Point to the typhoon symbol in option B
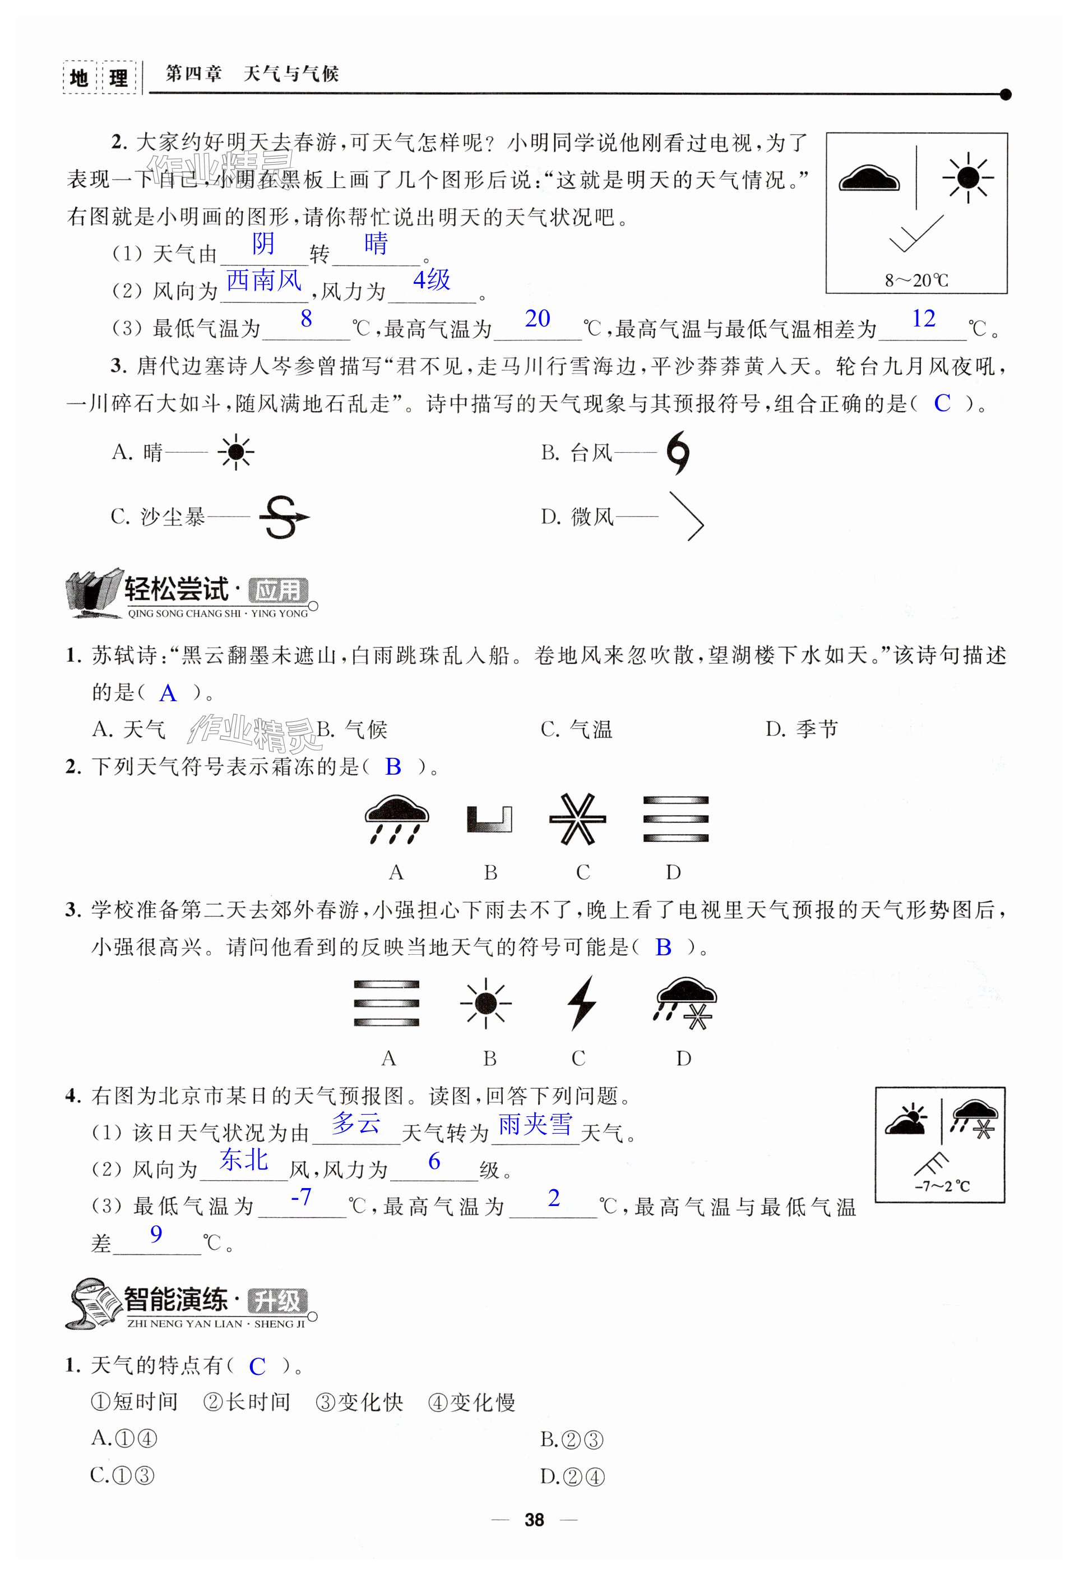click(x=678, y=453)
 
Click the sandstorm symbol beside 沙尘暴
click(x=283, y=517)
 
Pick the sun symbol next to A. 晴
click(x=235, y=452)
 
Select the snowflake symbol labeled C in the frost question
click(x=577, y=819)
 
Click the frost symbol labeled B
click(x=489, y=819)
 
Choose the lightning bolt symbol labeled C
click(x=581, y=1003)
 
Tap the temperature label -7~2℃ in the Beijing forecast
click(x=942, y=1186)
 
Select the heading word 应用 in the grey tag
click(x=278, y=591)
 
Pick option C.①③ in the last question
click(x=123, y=1475)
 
